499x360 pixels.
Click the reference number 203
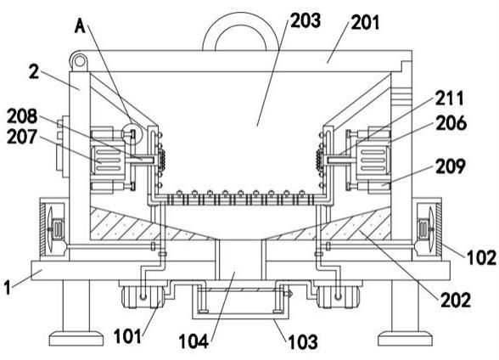coord(306,21)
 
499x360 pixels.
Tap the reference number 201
coord(365,23)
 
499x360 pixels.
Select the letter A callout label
coord(80,25)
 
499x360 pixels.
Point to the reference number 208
coord(22,116)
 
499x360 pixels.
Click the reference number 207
coord(22,137)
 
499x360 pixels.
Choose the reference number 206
coord(451,123)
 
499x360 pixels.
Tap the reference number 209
coord(451,166)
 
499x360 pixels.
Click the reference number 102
coord(481,257)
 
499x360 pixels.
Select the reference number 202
coord(456,300)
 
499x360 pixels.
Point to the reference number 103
coord(303,342)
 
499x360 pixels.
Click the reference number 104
coord(193,342)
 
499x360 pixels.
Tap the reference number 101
coord(127,336)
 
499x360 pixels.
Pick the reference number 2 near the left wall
coord(34,72)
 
